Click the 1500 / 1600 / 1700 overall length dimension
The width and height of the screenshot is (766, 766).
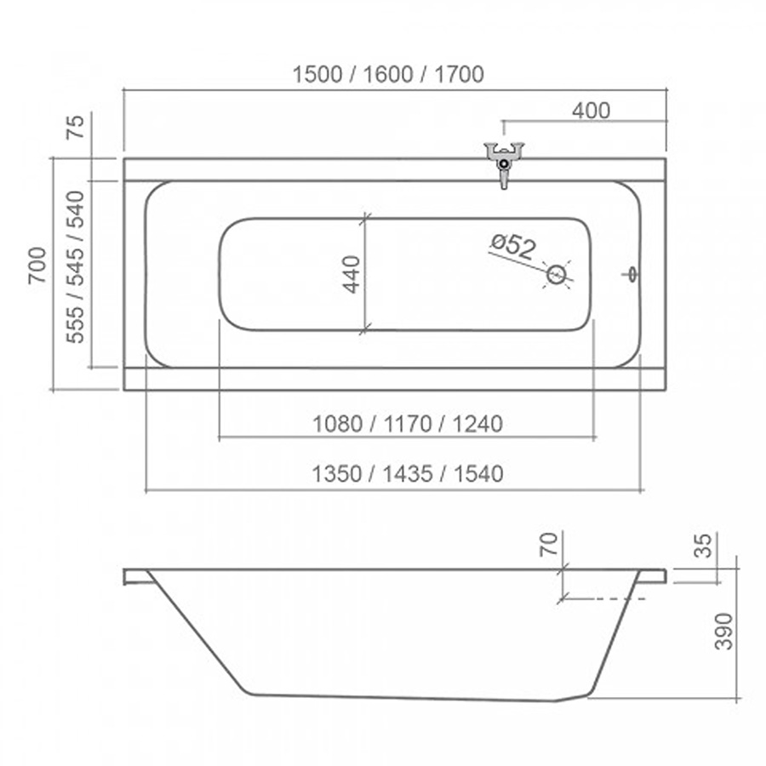(x=388, y=74)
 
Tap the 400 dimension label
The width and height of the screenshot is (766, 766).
(x=592, y=111)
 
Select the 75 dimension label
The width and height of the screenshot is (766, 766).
(x=76, y=127)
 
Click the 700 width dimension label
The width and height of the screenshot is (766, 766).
(x=37, y=266)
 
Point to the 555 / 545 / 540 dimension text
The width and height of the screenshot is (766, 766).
(x=75, y=267)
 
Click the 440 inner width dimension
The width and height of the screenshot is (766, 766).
(x=352, y=275)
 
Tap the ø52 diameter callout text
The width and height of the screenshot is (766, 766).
(x=513, y=246)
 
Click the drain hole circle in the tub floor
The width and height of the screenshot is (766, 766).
(x=556, y=275)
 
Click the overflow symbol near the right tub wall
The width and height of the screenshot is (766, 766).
(x=632, y=275)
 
